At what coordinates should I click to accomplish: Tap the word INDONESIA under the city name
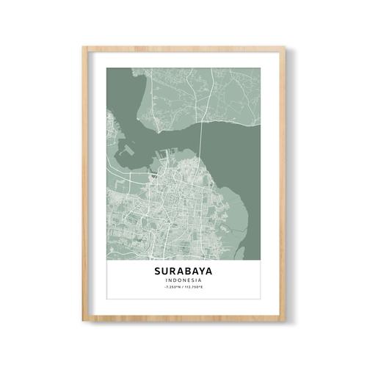coord(184,281)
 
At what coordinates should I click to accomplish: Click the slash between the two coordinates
coord(183,288)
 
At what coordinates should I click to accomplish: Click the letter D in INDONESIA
coord(175,281)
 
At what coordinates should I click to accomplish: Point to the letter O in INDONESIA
coord(181,281)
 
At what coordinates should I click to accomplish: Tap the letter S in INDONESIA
coord(194,281)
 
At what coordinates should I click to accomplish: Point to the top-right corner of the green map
coord(261,68)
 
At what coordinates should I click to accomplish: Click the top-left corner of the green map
coord(106,68)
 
